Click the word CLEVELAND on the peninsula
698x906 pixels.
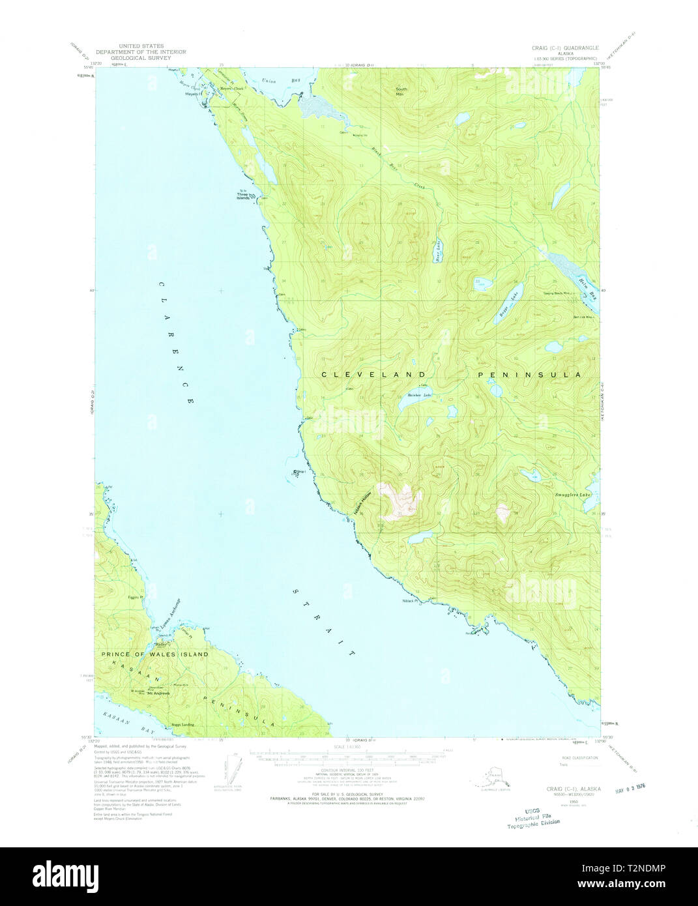tap(373, 375)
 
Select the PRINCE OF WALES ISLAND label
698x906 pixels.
tap(154, 654)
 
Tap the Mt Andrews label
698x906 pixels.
tap(158, 693)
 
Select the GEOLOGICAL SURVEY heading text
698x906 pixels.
tap(141, 57)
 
